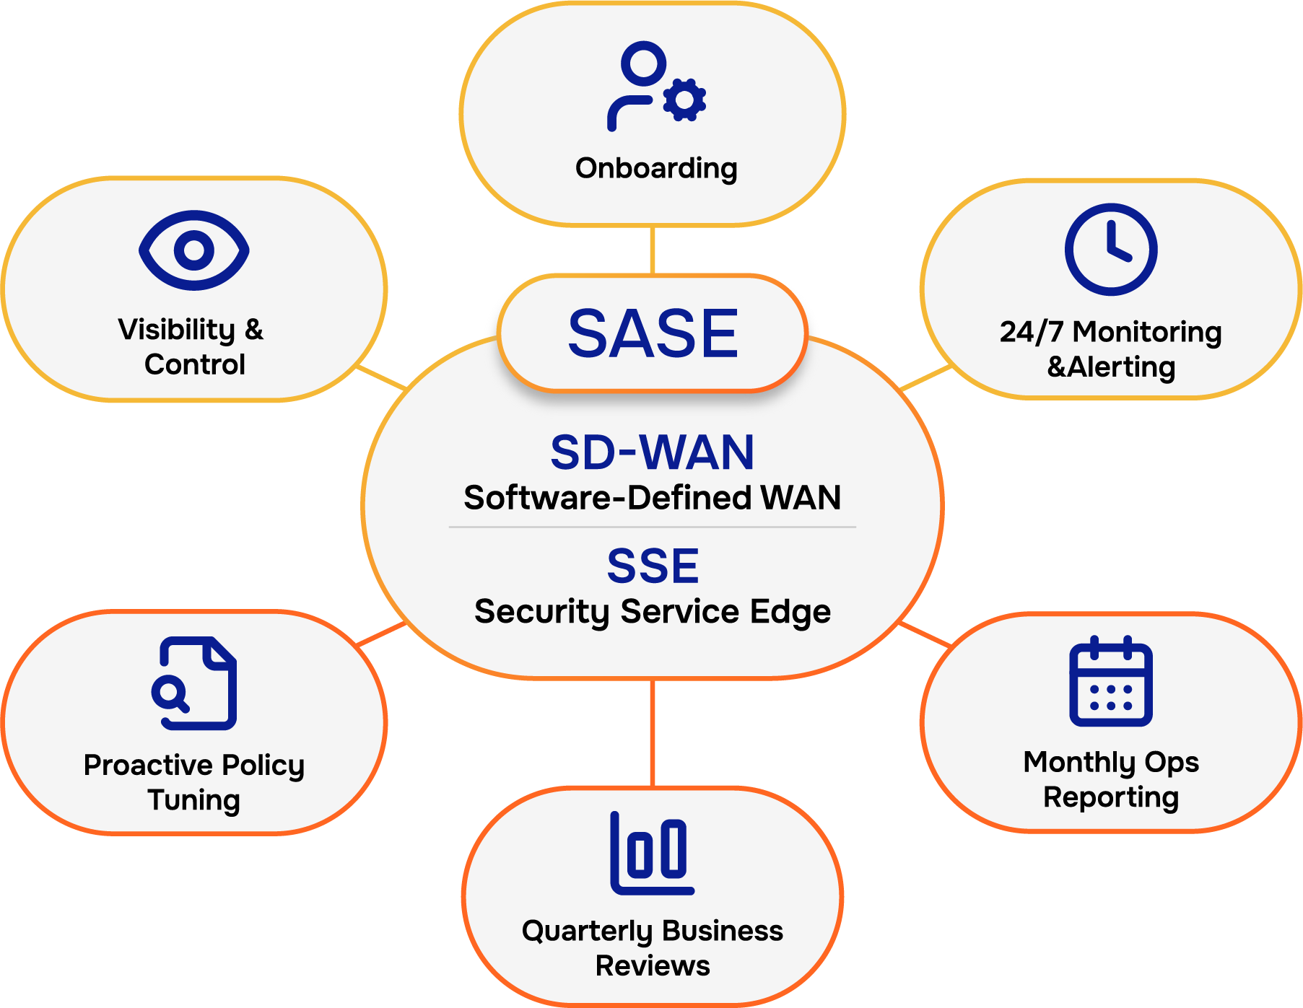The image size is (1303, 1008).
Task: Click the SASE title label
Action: point(653,333)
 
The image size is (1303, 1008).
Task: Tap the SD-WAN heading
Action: point(653,452)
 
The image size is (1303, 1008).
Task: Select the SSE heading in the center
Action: point(653,566)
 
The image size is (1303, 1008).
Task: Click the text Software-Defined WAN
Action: point(653,498)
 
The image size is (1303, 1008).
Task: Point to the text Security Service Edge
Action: point(653,612)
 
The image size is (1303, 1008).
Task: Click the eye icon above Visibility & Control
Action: point(194,250)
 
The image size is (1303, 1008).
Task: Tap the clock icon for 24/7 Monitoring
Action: point(1111,250)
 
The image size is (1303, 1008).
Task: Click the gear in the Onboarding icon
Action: point(684,99)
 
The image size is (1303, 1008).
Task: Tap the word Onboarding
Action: point(656,168)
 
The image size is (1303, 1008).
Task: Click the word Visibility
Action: point(177,330)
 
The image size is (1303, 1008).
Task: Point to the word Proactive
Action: point(148,766)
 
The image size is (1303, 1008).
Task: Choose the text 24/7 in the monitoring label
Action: point(1031,332)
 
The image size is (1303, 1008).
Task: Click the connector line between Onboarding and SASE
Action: point(653,250)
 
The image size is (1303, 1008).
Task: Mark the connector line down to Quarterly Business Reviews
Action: point(653,732)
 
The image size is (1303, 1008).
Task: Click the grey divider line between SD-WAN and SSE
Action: point(653,527)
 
